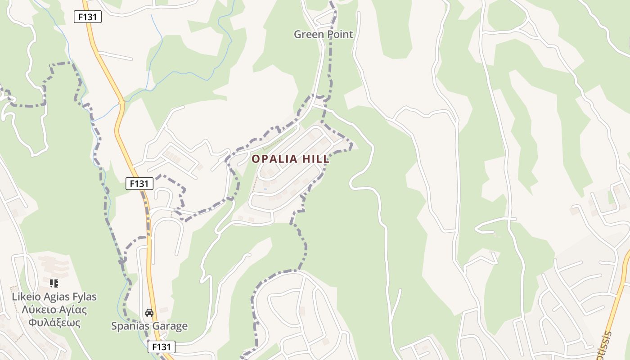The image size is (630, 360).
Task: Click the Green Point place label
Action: (323, 34)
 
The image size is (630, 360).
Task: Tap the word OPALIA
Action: (274, 159)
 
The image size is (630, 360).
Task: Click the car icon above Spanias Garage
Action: (149, 312)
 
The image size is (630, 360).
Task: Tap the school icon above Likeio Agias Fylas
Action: (54, 283)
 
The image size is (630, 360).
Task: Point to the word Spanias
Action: (130, 326)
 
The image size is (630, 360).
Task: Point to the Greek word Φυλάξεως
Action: (54, 323)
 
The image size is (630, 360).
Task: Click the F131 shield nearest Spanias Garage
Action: (161, 347)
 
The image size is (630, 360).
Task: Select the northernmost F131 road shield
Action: (88, 17)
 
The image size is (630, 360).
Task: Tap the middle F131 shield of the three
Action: (139, 184)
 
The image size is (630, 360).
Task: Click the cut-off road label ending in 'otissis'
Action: (606, 346)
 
